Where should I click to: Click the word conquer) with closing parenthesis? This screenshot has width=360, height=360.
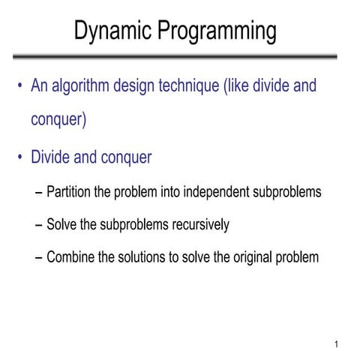click(58, 119)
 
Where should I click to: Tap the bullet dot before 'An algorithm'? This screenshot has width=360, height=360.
click(20, 85)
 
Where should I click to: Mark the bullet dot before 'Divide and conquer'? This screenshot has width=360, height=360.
click(20, 157)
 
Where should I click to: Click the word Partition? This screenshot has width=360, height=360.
click(69, 192)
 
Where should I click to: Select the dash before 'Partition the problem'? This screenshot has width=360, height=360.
click(39, 193)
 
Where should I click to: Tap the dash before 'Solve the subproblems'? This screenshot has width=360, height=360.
click(39, 225)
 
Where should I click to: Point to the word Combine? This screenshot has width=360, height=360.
click(70, 257)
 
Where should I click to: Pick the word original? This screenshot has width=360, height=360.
click(250, 257)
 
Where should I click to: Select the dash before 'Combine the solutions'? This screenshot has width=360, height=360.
click(39, 258)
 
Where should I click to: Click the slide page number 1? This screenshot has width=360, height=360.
click(338, 345)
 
